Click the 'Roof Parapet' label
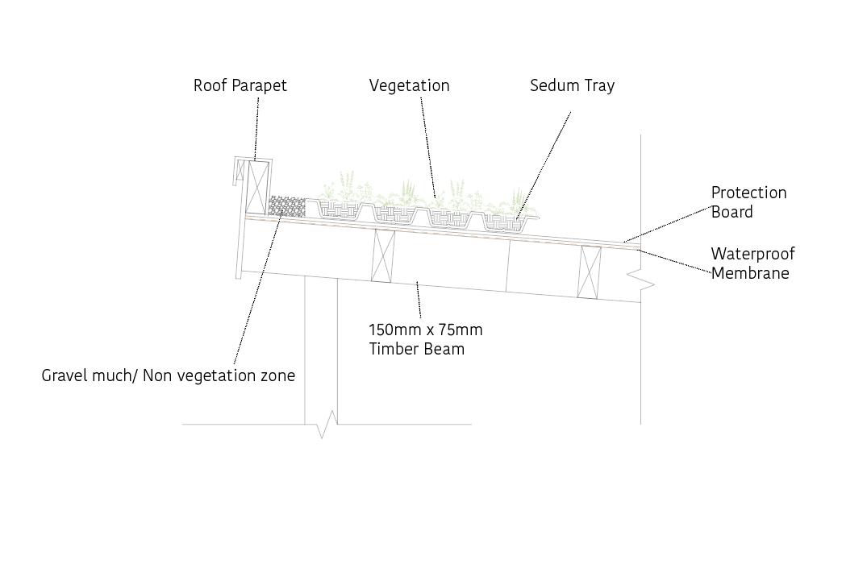coord(240,85)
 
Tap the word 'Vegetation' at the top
coord(409,85)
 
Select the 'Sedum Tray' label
coord(572,85)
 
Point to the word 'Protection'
coord(748,193)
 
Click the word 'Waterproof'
coord(752,254)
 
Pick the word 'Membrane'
coord(749,273)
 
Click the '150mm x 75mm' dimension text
coord(425,330)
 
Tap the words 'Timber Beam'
coord(416,349)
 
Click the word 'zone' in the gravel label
coord(277,375)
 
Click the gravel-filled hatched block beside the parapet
coord(286,207)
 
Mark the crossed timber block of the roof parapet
coord(258,187)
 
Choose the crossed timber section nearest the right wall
coord(590,271)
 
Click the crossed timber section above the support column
coord(382,255)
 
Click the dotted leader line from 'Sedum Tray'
coord(544,161)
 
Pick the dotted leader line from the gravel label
coord(256,290)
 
